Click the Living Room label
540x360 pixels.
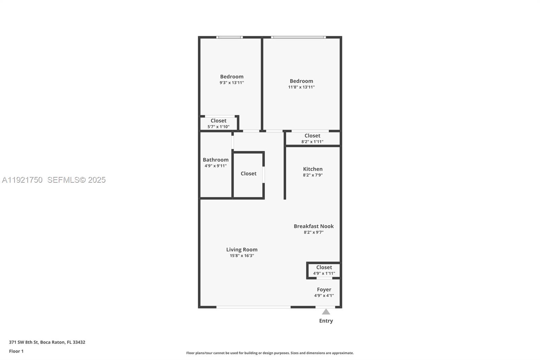[242, 250]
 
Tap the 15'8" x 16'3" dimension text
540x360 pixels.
[242, 256]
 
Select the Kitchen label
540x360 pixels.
[313, 169]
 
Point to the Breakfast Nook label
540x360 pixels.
[314, 226]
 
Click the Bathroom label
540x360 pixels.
[215, 160]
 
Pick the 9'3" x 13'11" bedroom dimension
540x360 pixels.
[232, 82]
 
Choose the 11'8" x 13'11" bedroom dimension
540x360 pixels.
[301, 87]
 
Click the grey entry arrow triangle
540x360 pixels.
[326, 312]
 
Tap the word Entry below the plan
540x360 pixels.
[326, 321]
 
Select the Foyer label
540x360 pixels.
[324, 289]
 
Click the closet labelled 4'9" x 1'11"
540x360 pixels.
[324, 270]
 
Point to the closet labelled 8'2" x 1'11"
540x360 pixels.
[312, 138]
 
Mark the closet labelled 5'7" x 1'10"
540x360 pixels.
[218, 123]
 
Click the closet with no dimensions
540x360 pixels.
[248, 174]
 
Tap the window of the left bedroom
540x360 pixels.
[230, 37]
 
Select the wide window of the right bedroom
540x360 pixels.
[298, 37]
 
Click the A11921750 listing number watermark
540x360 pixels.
[22, 180]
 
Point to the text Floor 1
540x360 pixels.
[16, 351]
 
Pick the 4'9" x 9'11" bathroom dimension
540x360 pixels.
[215, 166]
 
